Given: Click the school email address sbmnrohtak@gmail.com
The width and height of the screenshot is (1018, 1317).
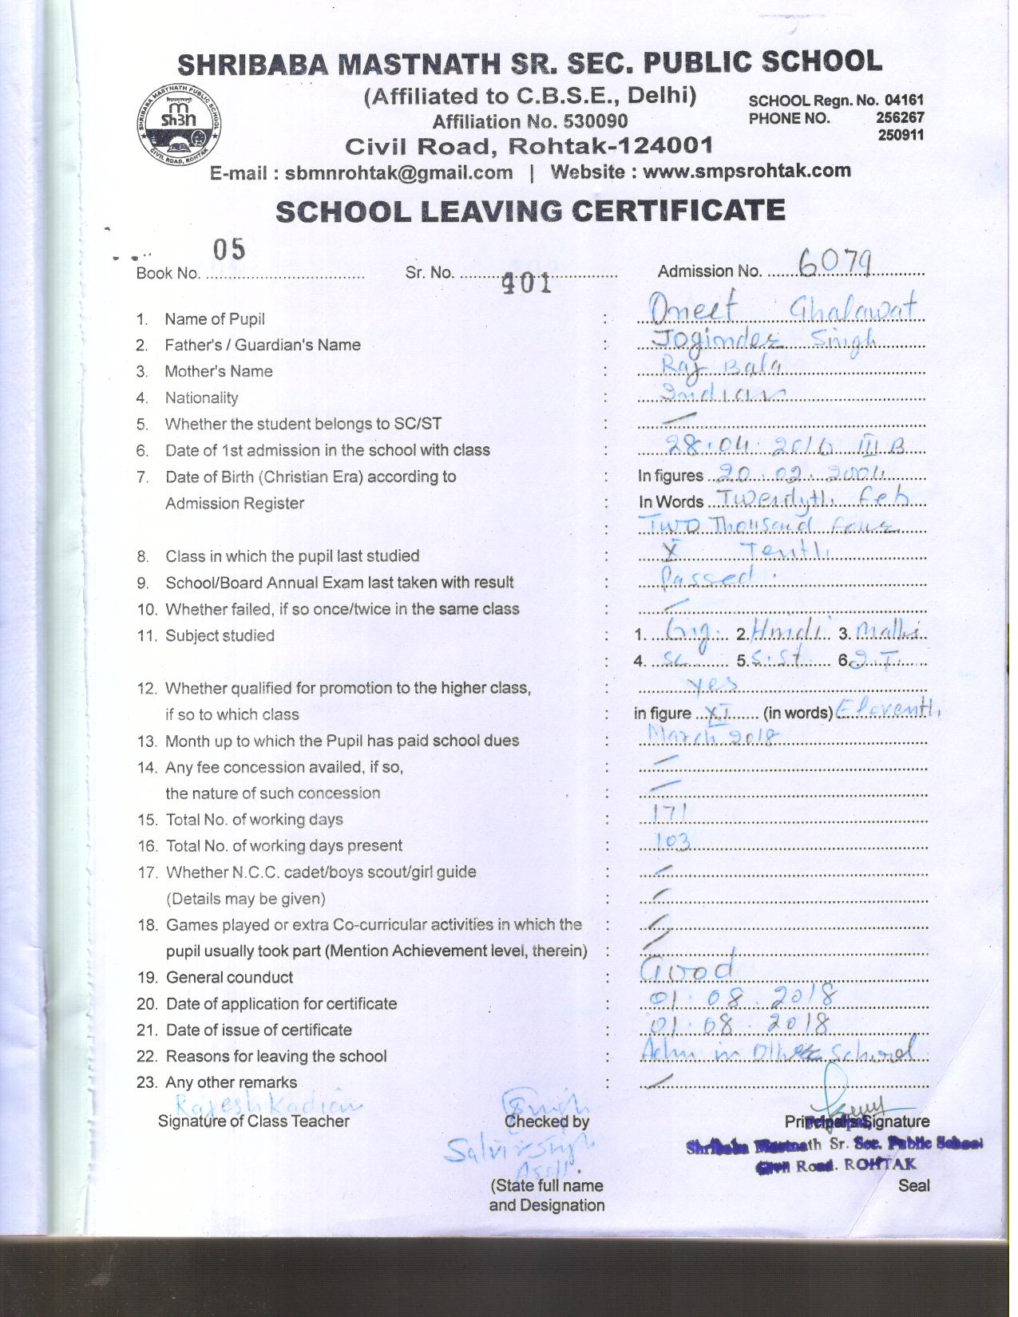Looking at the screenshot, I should click(398, 173).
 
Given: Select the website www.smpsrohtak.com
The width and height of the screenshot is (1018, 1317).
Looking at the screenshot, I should click(747, 171).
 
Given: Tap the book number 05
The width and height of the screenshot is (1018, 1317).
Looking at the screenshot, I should click(229, 249).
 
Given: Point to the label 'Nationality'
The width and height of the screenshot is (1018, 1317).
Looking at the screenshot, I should click(201, 397).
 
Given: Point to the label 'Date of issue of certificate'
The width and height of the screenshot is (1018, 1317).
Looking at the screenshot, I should click(259, 1030).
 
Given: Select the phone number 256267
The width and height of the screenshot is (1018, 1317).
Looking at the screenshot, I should click(901, 117).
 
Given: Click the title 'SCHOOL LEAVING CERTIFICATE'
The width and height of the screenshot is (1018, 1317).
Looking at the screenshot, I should click(530, 212).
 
